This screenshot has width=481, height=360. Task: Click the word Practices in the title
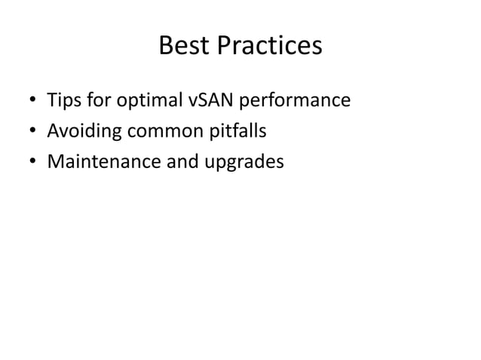pyautogui.click(x=268, y=47)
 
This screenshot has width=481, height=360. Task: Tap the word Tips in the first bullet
pyautogui.click(x=62, y=100)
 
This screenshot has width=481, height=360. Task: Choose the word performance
pyautogui.click(x=295, y=101)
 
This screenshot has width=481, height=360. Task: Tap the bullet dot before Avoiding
pyautogui.click(x=32, y=133)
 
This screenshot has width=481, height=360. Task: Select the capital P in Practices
pyautogui.click(x=225, y=47)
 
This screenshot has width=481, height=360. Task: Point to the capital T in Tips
pyautogui.click(x=52, y=100)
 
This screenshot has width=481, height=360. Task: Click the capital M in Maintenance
pyautogui.click(x=55, y=162)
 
